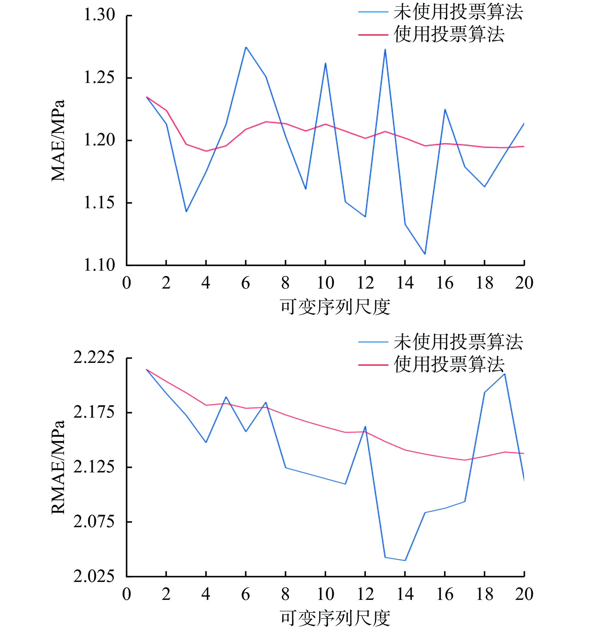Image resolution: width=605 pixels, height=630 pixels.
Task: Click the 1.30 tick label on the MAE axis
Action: pos(99,15)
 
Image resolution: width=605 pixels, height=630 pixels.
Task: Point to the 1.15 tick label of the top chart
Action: pos(99,203)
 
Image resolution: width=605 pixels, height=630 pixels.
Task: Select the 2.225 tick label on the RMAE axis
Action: pos(94,357)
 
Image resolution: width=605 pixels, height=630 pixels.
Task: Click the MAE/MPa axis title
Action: pos(58,141)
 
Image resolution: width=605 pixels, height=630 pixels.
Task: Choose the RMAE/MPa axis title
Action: pos(58,467)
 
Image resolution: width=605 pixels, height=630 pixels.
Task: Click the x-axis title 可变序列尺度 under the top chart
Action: pos(335,307)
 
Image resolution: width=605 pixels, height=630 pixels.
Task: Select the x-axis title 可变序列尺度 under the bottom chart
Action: pos(335,618)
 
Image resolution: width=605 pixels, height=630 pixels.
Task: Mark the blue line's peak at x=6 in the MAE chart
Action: pos(246,47)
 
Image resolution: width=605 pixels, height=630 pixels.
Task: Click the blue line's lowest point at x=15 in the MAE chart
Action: pos(425,254)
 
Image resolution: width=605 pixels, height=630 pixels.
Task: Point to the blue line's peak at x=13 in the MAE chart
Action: pos(385,49)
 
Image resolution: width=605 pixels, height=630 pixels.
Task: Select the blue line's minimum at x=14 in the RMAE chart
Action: pos(405,560)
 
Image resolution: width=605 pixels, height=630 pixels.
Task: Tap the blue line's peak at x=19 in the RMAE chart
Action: pos(505,374)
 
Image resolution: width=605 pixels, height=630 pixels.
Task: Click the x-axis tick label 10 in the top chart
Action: pos(326,283)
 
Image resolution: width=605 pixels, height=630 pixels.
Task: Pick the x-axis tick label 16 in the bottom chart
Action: pos(445,594)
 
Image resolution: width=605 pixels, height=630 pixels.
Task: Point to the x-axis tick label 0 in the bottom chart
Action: pos(126,594)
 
